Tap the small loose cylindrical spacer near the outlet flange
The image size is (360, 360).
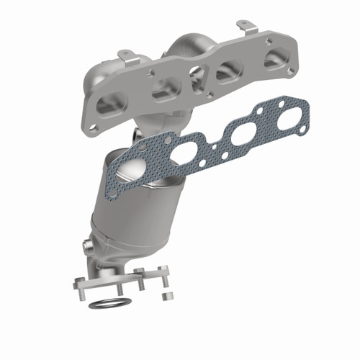(x=164, y=296)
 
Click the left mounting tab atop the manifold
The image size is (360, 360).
(x=127, y=55)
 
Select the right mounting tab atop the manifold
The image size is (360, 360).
(x=246, y=27)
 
